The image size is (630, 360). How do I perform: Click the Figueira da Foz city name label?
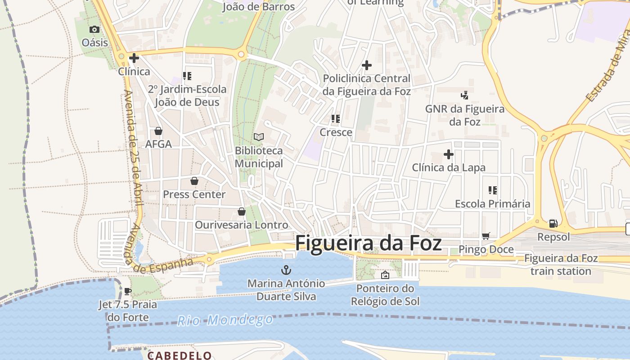coord(368,243)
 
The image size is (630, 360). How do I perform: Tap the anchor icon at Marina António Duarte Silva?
coord(286,270)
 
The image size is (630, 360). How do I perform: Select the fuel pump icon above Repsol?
coord(553,224)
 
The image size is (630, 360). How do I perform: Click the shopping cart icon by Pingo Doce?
coord(486,236)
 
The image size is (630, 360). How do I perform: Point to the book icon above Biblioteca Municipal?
coord(259,137)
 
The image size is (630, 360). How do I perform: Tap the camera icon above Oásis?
coord(94,30)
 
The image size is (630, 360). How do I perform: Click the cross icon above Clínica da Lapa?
coord(449,154)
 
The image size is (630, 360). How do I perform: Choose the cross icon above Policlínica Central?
coord(367,65)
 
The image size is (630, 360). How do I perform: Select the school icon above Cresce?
coord(336,119)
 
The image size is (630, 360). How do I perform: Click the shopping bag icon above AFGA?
coord(158,131)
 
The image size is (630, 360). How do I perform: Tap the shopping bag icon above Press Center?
coord(194,181)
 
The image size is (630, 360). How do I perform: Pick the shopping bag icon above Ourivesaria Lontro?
coord(242,211)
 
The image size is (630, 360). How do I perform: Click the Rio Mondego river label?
coord(225,320)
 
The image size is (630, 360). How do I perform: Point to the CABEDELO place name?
coord(180,355)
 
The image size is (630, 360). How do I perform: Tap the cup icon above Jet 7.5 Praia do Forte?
coord(128,291)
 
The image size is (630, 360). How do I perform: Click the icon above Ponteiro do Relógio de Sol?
coord(385,275)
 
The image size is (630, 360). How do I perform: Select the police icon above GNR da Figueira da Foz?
coord(465,95)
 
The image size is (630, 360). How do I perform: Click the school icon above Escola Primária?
coord(493,190)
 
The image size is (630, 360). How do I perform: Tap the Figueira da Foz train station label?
coord(561,265)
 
